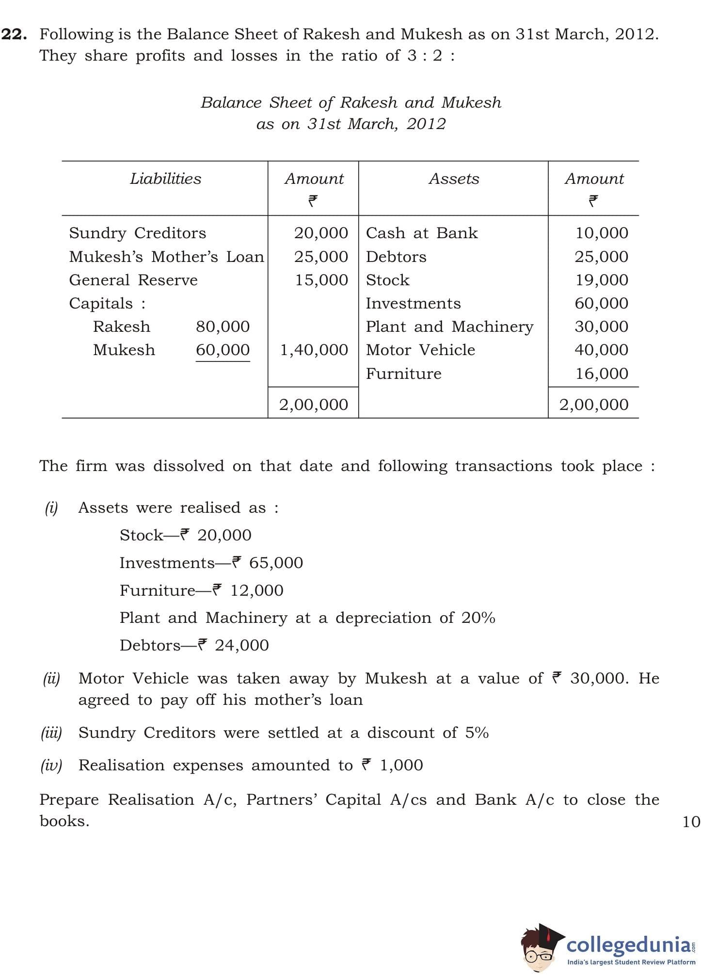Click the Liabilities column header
165,179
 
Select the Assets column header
454,179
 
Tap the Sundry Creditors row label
138,233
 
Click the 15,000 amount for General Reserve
321,280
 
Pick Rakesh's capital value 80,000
223,326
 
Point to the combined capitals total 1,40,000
314,350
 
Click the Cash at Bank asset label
422,233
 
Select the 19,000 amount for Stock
601,280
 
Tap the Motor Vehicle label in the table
420,350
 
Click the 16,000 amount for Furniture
602,374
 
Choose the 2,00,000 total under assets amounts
594,405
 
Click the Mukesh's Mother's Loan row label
167,257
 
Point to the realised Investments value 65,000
276,563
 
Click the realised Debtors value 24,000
241,646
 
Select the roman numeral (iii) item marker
51,733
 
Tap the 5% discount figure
477,733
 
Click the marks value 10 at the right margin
691,822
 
